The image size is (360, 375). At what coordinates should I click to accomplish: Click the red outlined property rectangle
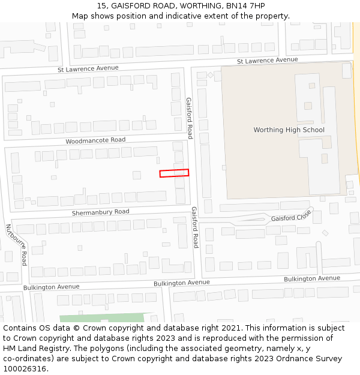click(x=174, y=173)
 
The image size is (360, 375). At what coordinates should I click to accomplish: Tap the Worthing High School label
click(x=289, y=130)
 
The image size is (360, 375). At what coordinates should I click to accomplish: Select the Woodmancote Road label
click(x=95, y=140)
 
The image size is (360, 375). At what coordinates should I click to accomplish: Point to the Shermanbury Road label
click(x=100, y=212)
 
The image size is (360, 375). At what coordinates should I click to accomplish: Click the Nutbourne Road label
click(x=16, y=245)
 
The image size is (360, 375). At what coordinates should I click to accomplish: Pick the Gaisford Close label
click(x=291, y=216)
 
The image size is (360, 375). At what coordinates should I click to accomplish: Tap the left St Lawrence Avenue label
click(x=88, y=69)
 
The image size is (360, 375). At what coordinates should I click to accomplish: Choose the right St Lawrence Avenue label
click(x=267, y=61)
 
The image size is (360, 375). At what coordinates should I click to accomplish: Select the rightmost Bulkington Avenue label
click(x=312, y=279)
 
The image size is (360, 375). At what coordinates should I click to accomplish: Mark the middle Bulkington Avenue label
click(x=182, y=283)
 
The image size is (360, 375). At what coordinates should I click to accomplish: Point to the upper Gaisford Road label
click(x=189, y=118)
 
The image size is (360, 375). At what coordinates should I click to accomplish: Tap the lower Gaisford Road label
click(x=195, y=227)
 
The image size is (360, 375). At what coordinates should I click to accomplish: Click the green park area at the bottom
click(x=102, y=317)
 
